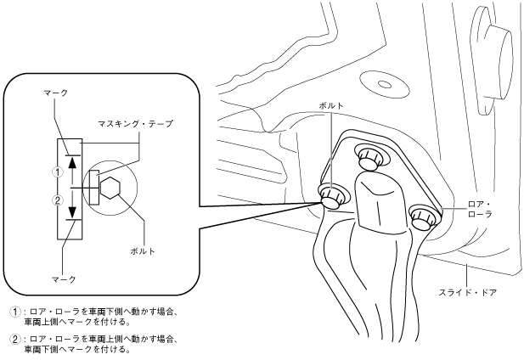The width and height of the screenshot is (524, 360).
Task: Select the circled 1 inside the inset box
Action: tap(58, 170)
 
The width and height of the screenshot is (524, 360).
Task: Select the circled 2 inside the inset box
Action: tap(58, 200)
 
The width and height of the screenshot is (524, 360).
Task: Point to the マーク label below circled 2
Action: tap(63, 278)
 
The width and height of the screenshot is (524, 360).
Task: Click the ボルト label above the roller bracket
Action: tap(331, 105)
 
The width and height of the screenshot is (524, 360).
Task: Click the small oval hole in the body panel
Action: tap(384, 84)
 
